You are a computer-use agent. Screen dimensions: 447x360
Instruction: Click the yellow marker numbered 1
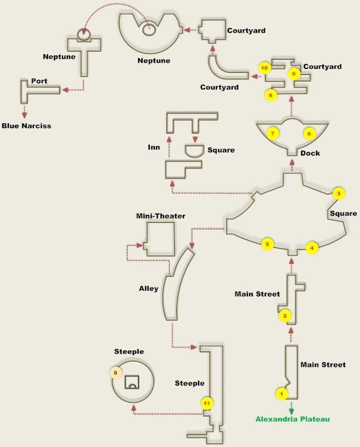click(x=281, y=393)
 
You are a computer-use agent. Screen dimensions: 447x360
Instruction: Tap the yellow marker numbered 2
click(x=284, y=315)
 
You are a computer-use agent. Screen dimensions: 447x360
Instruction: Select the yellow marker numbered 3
click(x=338, y=194)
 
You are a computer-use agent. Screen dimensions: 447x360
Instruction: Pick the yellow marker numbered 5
click(x=267, y=244)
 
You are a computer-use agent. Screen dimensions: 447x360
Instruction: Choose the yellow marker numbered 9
click(x=294, y=73)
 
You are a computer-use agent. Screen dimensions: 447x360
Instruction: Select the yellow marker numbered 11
click(x=207, y=403)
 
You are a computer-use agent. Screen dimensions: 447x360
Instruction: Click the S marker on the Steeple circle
click(x=115, y=372)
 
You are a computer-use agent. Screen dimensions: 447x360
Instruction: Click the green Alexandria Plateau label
click(x=293, y=419)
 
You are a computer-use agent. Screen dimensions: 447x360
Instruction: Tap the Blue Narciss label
click(x=26, y=126)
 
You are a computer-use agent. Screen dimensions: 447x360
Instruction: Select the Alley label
click(x=148, y=288)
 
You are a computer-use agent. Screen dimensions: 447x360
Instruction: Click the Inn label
click(x=154, y=147)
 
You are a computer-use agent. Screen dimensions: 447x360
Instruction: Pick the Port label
click(x=39, y=81)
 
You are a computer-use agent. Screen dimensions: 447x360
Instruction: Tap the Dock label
click(x=310, y=153)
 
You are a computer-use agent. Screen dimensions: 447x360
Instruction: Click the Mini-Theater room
click(x=160, y=239)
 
